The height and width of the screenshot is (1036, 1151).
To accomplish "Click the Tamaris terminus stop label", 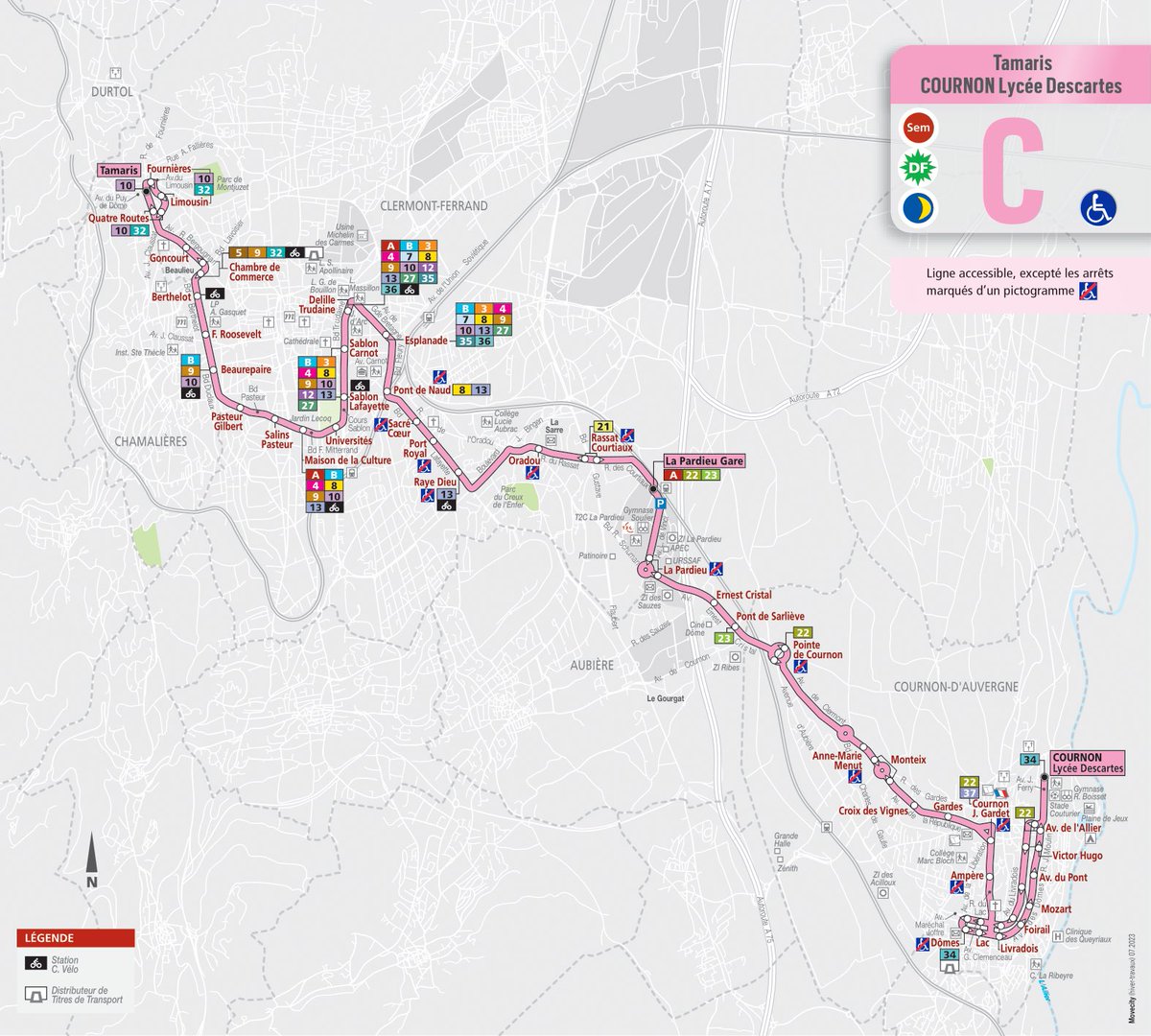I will click(118, 170).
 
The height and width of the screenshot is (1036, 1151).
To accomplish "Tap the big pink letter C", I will click(1012, 173).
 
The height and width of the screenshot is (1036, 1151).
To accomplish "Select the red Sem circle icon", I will click(918, 128).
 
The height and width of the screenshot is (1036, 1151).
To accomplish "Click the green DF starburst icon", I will click(918, 169).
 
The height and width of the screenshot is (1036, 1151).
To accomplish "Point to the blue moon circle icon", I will click(918, 208).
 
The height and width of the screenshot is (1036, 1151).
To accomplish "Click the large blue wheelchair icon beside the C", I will click(1098, 207).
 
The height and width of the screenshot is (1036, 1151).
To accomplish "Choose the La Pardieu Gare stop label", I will click(705, 460).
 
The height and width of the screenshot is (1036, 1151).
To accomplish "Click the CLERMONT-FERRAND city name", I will click(434, 205).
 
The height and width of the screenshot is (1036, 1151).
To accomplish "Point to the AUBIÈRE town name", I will click(591, 665).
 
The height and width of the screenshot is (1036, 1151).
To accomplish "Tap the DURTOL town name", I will click(111, 92).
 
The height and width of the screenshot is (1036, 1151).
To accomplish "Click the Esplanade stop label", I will click(427, 341).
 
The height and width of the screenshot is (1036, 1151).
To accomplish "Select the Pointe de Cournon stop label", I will click(817, 650).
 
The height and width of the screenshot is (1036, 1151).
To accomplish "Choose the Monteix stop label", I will click(908, 760).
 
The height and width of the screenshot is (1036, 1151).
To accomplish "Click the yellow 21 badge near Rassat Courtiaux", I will click(603, 426).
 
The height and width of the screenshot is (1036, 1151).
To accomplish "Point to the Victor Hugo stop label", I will click(1077, 856).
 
